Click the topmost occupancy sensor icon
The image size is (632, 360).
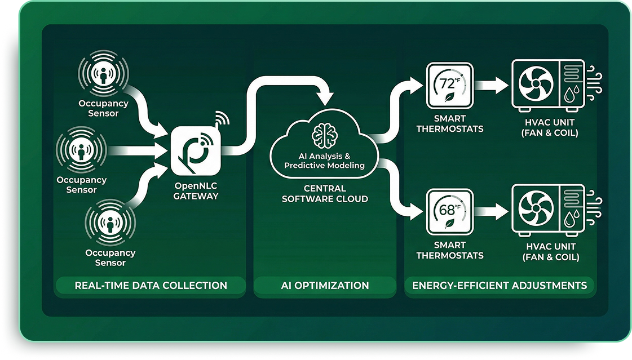coord(104,74)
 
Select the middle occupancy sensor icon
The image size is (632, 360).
coord(82,150)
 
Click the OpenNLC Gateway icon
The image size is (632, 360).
coord(195,150)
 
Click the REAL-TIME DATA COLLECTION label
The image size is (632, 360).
coord(151,286)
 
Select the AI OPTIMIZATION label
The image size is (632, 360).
coord(325,286)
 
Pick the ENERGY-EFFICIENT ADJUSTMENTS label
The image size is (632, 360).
coord(500,286)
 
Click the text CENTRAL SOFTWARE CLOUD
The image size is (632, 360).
coord(325,193)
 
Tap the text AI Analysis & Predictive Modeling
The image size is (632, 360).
coord(324,161)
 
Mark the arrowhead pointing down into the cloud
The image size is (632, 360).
coord(325,97)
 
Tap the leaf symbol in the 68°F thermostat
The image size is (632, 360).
coord(449,223)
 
